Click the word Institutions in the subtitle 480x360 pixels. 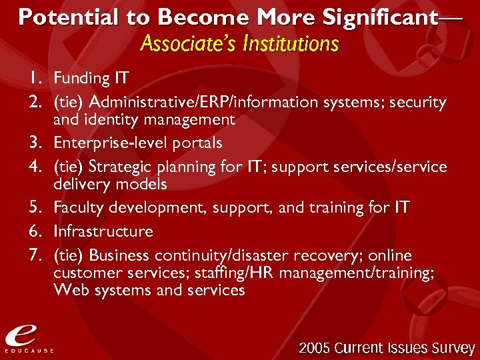tap(291, 45)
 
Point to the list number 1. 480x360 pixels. tap(33, 79)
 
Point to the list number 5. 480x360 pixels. tap(33, 208)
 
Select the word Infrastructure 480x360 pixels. tap(103, 231)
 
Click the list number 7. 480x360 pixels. tap(33, 255)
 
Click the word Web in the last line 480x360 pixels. tap(69, 290)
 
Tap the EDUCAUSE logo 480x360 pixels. tap(29, 337)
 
